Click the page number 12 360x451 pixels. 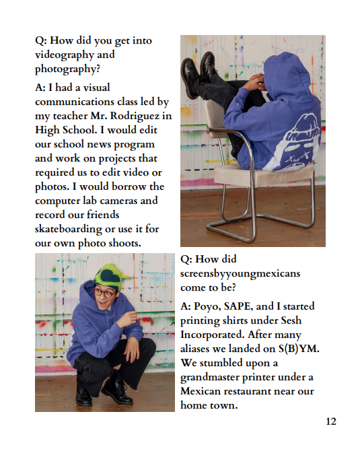point(330,421)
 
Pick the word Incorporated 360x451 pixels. point(213,335)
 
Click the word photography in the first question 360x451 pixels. point(66,69)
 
